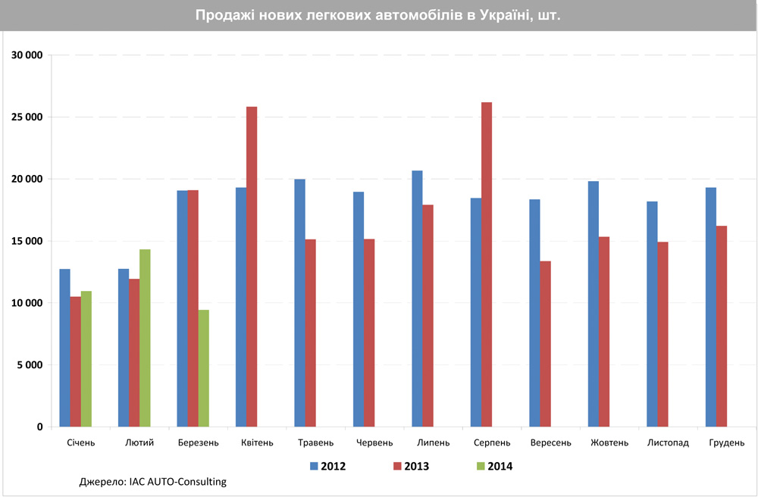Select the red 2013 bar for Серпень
coord(487,264)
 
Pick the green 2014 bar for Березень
coord(204,368)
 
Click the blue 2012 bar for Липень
coord(417,299)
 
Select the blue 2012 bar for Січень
coord(65,348)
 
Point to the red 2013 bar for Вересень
coord(545,344)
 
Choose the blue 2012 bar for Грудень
coord(711,307)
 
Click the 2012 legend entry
coord(327,466)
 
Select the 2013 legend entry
coord(410,466)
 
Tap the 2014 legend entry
coord(493,466)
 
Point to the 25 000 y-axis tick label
coord(27,117)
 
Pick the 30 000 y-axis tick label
coord(27,55)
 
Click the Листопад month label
coord(668,442)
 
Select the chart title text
coord(378,15)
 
